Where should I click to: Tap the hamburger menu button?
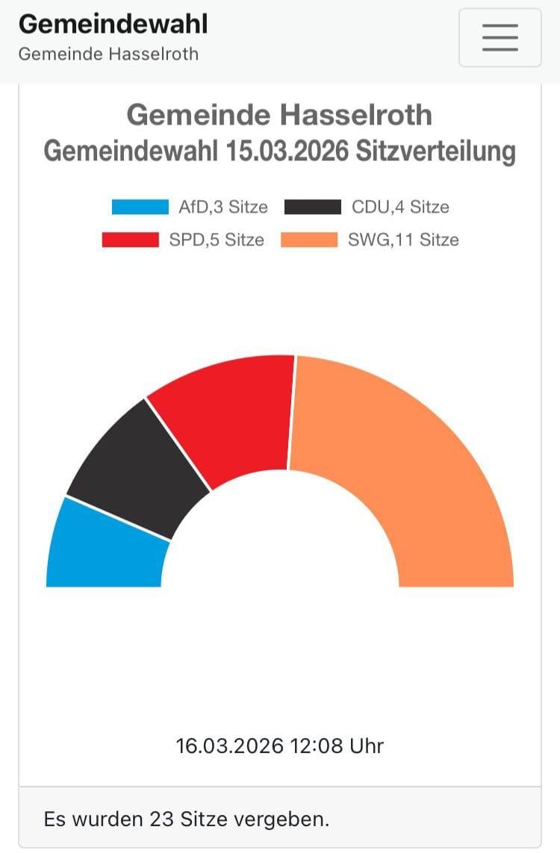(500, 37)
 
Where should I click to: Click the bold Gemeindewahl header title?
(113, 24)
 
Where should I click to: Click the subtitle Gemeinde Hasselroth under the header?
(108, 54)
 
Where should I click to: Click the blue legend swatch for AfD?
(140, 207)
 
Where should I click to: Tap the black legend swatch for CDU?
(313, 207)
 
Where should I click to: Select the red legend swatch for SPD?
(130, 240)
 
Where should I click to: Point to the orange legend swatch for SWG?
(308, 240)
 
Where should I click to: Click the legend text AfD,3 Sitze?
(223, 207)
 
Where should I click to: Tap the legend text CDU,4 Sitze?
(400, 207)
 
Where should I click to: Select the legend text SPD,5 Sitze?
(217, 240)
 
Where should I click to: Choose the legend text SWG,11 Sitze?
(403, 240)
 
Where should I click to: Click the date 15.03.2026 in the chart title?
(287, 151)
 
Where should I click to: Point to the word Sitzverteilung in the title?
(435, 151)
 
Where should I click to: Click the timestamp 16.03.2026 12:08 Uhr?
(280, 746)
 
